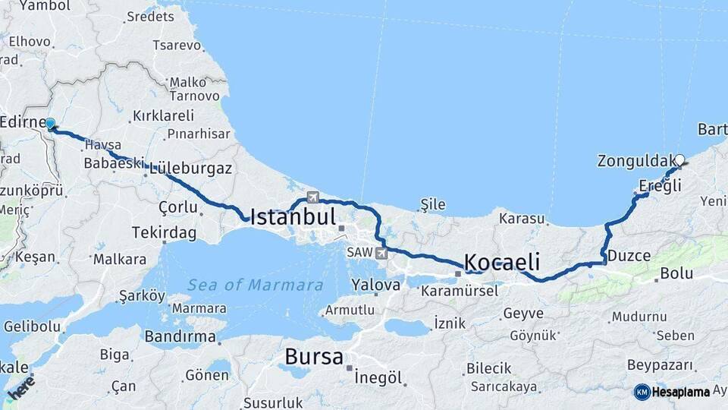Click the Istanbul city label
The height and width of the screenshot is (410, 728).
point(293,217)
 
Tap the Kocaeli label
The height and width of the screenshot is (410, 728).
point(501,263)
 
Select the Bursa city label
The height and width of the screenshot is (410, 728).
point(314,357)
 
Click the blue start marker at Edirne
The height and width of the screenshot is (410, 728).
point(50,124)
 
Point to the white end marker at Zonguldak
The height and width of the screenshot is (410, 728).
point(679,160)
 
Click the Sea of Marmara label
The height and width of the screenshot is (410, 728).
point(256,285)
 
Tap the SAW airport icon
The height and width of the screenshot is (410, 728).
point(381,253)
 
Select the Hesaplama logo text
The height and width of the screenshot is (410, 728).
point(681,392)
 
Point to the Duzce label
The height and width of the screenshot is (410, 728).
point(629,256)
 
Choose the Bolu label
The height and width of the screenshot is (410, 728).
point(676,273)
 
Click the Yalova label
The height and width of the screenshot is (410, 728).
point(375,285)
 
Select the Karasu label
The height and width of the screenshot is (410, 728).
point(522,219)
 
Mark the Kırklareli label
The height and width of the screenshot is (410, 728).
point(163,115)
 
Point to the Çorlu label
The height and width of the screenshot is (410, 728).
point(177,207)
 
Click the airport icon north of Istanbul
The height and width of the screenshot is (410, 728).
point(312,197)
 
